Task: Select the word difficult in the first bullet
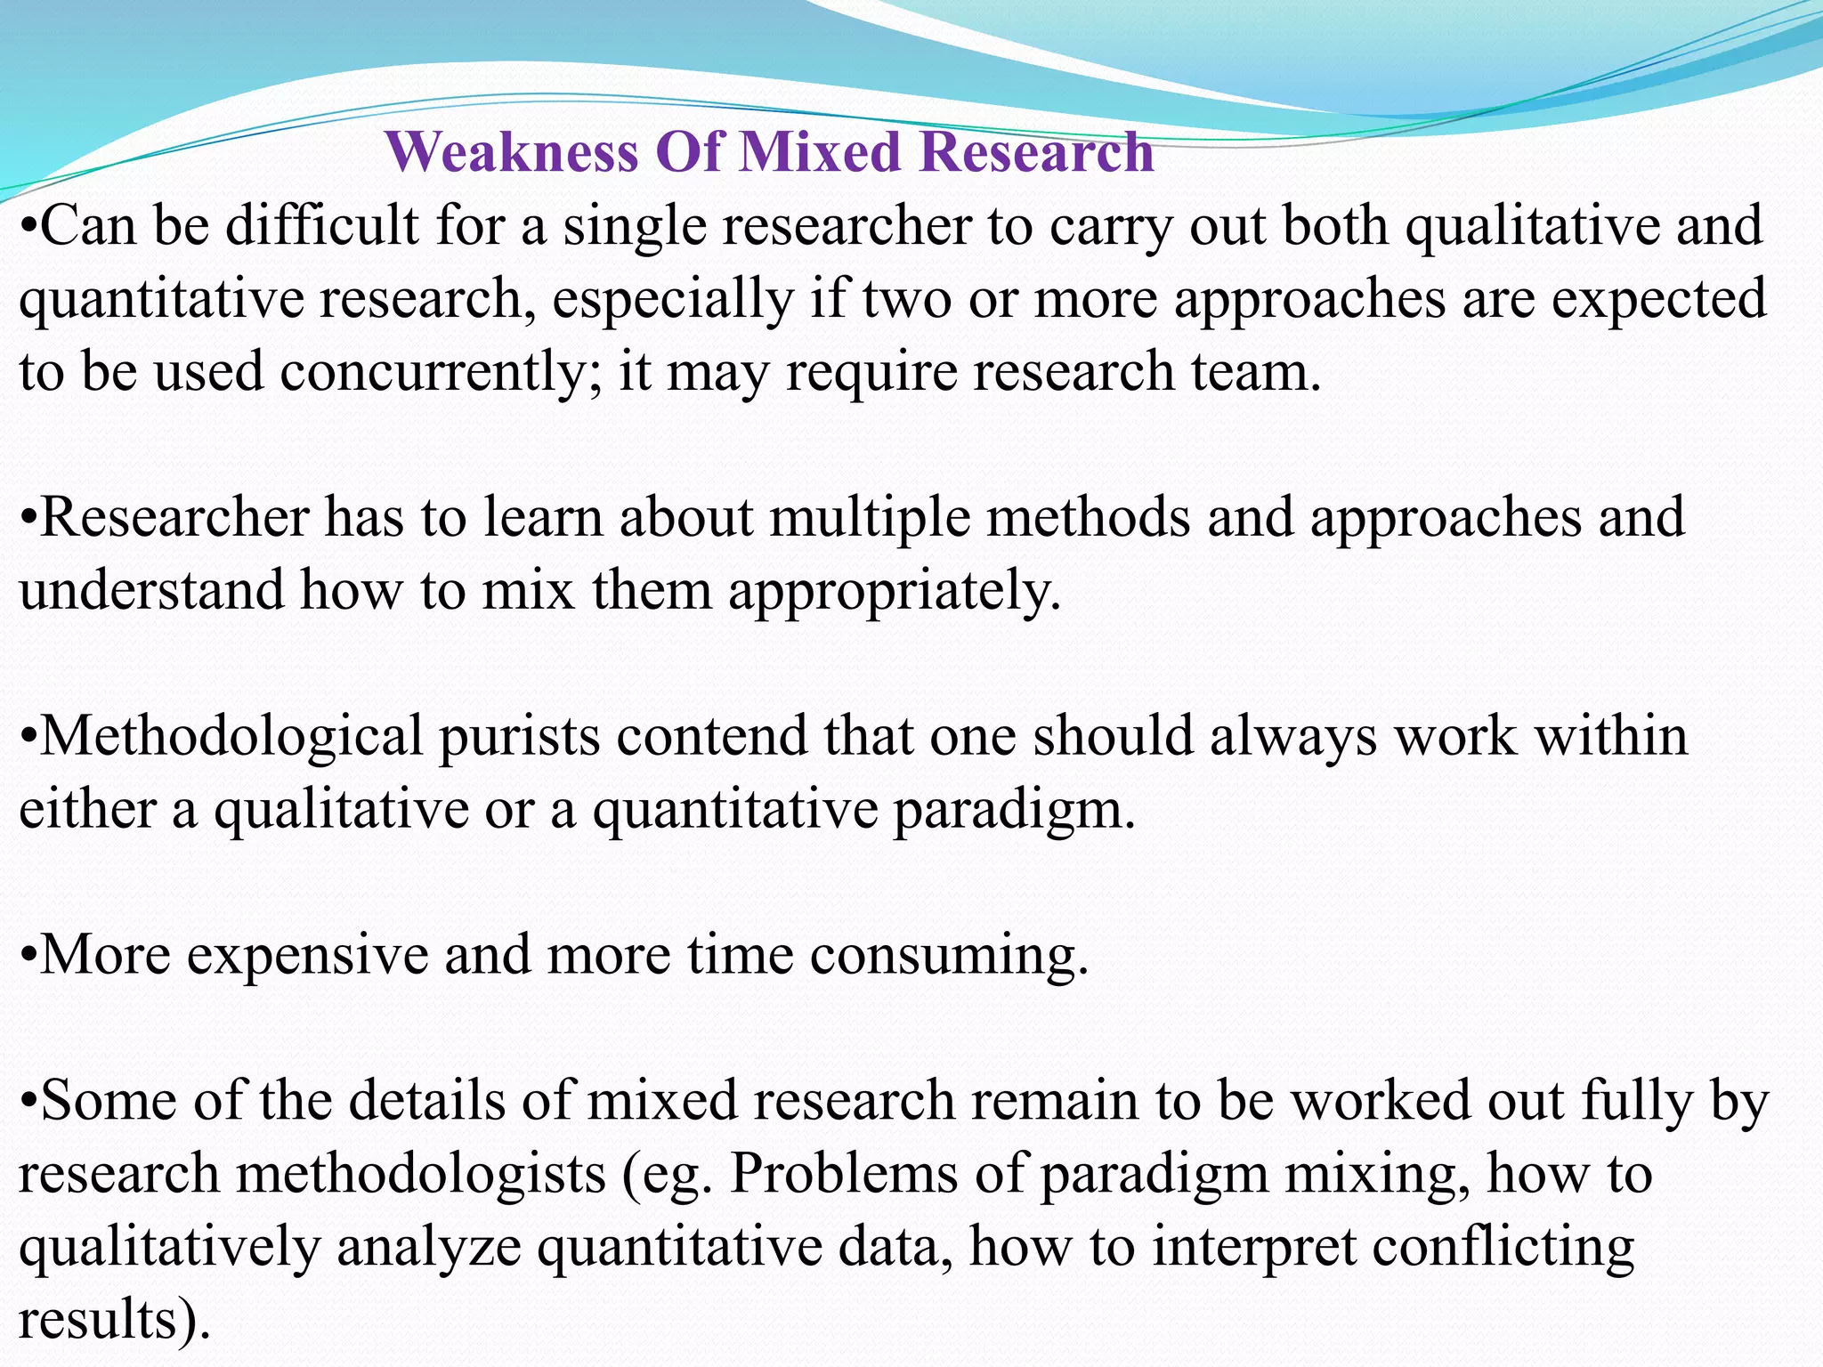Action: (321, 226)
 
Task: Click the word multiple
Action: (869, 518)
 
